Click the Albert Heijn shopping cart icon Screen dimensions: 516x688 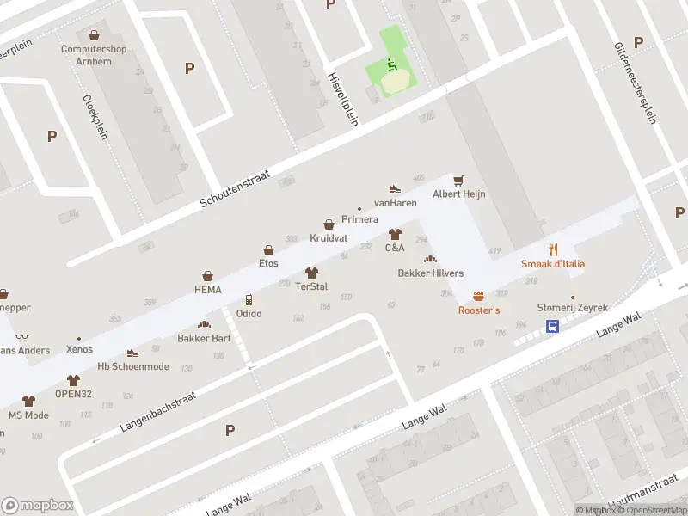tap(459, 180)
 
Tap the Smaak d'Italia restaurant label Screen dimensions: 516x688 tap(553, 263)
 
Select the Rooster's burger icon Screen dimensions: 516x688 tap(478, 295)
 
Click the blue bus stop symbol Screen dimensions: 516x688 tap(553, 326)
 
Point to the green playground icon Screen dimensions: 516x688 tap(390, 64)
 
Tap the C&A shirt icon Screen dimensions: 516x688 tap(395, 234)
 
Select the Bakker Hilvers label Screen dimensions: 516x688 tap(430, 273)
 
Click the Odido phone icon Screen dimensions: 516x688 tap(249, 300)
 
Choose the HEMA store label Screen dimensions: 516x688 tap(207, 290)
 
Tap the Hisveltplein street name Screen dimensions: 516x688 tap(341, 98)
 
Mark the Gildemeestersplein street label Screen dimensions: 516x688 tap(636, 83)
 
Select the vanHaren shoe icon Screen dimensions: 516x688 tap(395, 188)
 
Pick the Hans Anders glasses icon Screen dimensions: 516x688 tap(21, 336)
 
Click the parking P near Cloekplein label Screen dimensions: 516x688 tap(52, 136)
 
